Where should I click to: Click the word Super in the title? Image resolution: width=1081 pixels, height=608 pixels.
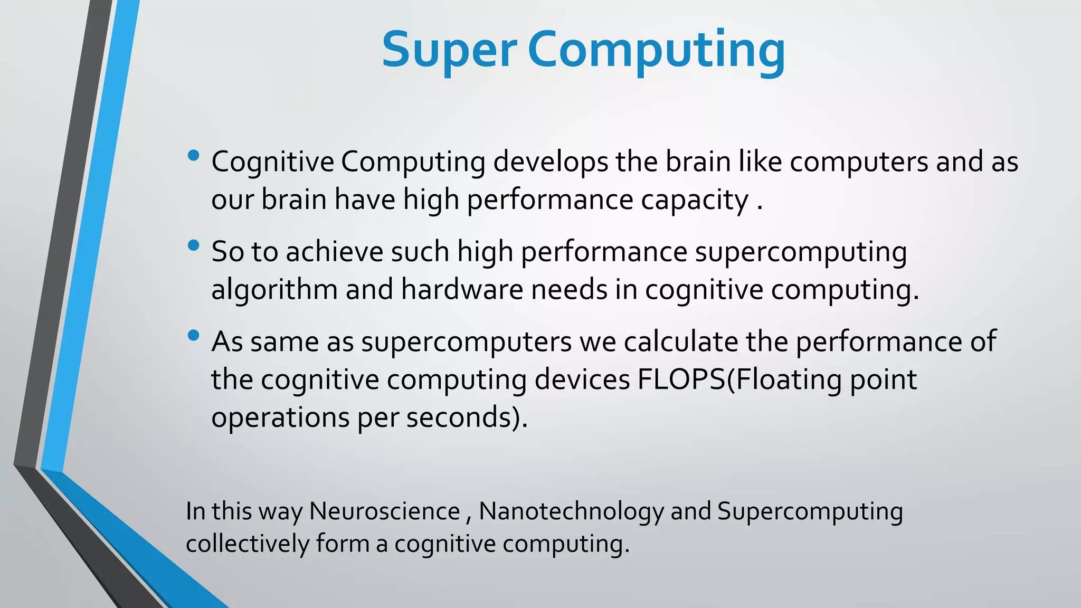[x=449, y=50]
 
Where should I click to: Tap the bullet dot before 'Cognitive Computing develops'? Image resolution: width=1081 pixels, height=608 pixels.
[x=193, y=155]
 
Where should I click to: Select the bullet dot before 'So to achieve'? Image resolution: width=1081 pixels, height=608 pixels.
[x=193, y=245]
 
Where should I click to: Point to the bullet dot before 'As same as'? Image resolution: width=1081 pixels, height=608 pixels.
[x=193, y=335]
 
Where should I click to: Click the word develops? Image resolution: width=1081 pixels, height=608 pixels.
[x=551, y=162]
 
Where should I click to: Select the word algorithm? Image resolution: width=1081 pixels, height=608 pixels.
[x=274, y=290]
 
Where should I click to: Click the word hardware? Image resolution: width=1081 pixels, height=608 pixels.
[x=462, y=290]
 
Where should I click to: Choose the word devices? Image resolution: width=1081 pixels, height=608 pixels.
[x=582, y=380]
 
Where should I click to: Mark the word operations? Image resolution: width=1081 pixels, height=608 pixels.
[x=280, y=417]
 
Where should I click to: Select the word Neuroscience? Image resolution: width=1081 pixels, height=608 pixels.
[x=384, y=511]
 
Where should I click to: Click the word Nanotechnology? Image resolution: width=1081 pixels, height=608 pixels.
[x=571, y=511]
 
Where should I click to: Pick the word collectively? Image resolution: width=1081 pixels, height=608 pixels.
[x=247, y=544]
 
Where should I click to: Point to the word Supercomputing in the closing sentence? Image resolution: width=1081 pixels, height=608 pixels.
[x=810, y=511]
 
